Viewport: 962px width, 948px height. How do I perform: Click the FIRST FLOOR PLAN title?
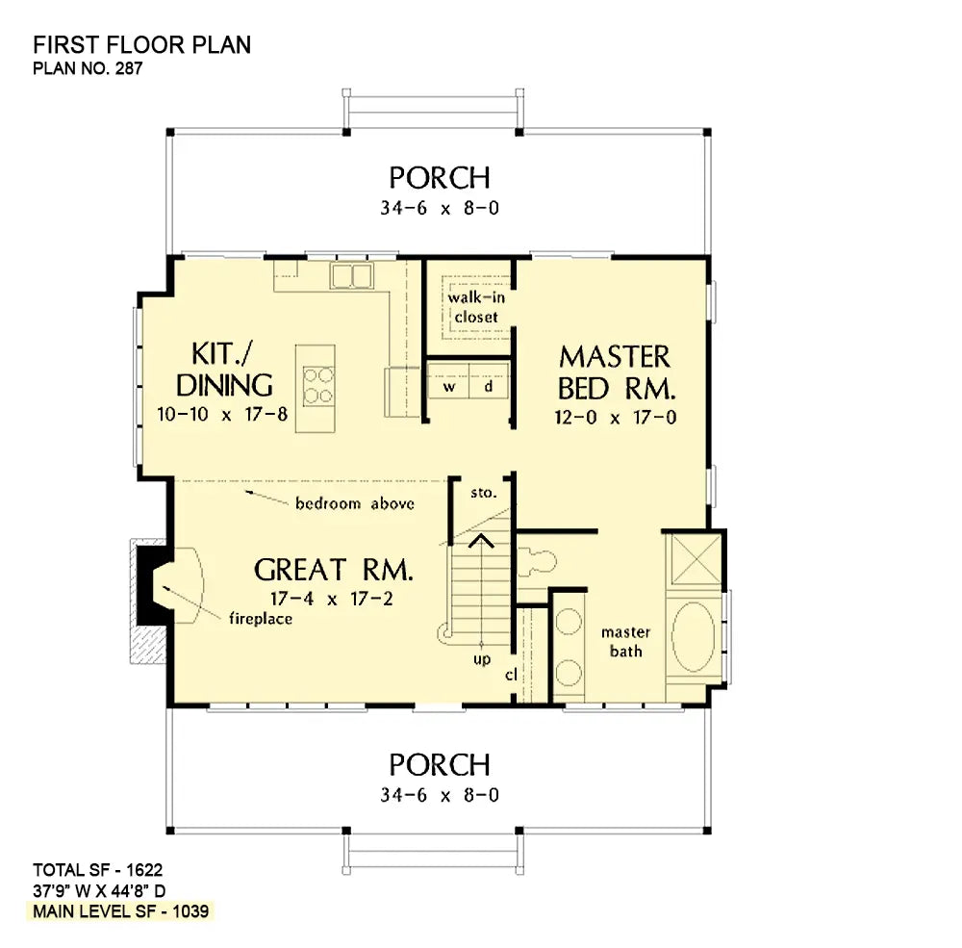point(142,45)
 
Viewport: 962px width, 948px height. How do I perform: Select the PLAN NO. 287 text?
point(89,69)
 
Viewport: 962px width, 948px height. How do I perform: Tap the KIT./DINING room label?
point(224,371)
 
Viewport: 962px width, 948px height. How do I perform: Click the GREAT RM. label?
point(334,570)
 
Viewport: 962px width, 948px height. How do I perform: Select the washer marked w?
point(448,387)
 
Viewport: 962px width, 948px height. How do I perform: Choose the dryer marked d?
point(489,387)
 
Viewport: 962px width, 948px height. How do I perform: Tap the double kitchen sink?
point(352,276)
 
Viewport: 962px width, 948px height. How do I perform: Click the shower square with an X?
point(694,558)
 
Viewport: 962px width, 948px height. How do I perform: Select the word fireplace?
point(260,619)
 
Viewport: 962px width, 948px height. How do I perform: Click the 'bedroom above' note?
point(354,503)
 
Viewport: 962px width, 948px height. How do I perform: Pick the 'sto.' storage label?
point(483,493)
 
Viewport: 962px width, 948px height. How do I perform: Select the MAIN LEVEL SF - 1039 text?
point(121,910)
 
